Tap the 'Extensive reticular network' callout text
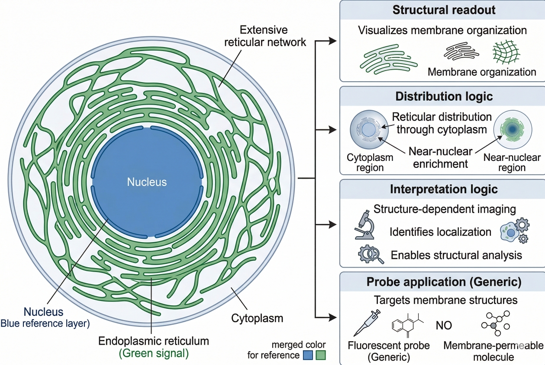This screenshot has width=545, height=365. click(x=264, y=36)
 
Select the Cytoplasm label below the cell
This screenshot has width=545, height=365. click(x=257, y=319)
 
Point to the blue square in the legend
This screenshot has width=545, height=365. click(x=308, y=355)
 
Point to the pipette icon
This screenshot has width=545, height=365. click(x=367, y=323)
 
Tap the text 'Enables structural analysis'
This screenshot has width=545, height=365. click(x=456, y=255)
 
